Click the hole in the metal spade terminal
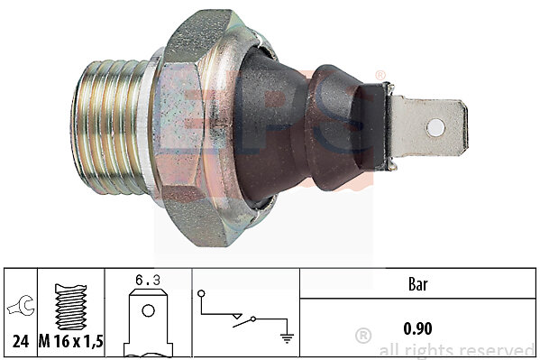[435, 127]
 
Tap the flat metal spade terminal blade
[429, 127]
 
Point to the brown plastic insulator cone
[303, 127]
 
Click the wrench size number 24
[21, 341]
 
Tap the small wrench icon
[21, 306]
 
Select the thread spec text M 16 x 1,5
[71, 341]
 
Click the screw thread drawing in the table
[70, 307]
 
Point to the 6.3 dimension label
[148, 281]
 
